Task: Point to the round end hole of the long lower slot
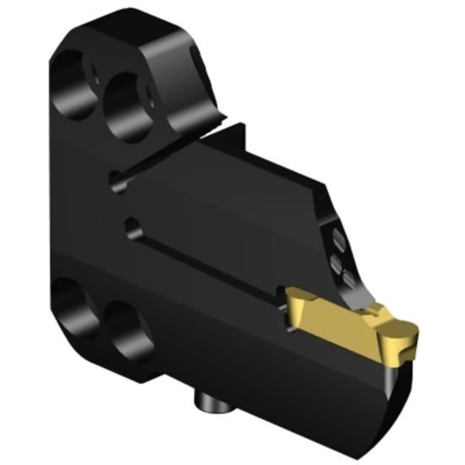(130, 227)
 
